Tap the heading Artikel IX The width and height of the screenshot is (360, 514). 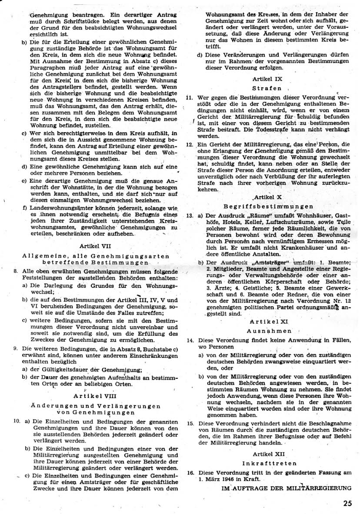coord(267,80)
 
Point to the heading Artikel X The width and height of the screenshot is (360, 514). coord(267,197)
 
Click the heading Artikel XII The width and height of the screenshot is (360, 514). coord(267,453)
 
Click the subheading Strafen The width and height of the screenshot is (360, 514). coord(267,88)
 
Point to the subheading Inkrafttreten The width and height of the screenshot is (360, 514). coord(267,462)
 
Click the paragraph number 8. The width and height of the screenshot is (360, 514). coord(16,270)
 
